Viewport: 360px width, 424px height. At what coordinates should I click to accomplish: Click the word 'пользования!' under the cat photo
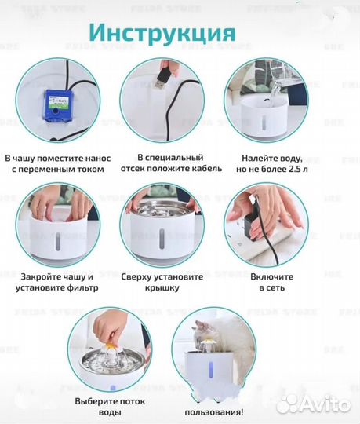click(x=213, y=412)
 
